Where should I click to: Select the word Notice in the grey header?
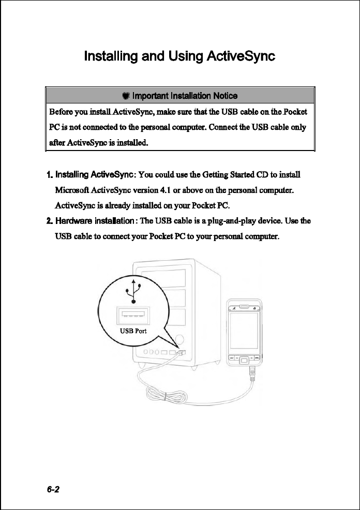coord(223,96)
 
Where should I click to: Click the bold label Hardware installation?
coord(91,221)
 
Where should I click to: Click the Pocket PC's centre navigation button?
coord(245,359)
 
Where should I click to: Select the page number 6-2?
coord(53,490)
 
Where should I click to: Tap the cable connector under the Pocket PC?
coord(252,371)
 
